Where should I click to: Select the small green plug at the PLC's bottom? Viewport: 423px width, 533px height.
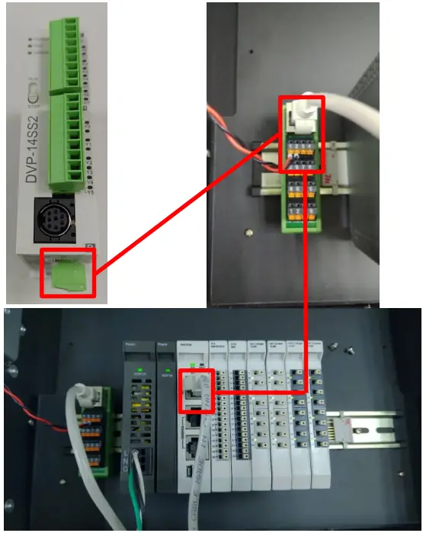68,276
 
